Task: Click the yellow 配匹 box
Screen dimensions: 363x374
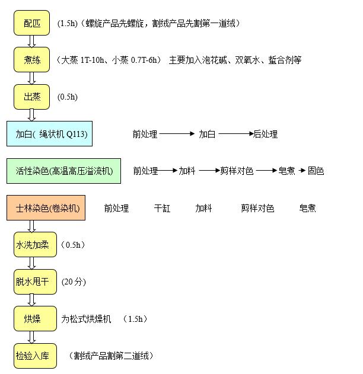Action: [31, 23]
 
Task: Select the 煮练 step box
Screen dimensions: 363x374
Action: [31, 60]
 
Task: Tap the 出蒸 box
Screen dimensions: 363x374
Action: [31, 97]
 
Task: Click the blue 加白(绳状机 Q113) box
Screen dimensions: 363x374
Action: [49, 133]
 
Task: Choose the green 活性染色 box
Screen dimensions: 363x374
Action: [63, 171]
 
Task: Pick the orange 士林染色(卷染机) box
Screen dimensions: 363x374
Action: [46, 208]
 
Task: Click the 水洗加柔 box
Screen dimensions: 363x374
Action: [35, 245]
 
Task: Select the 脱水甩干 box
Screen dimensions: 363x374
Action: [35, 282]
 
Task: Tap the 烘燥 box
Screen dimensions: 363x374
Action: [35, 319]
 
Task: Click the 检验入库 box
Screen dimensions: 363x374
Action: [35, 356]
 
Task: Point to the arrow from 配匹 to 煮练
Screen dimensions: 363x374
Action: [31, 41]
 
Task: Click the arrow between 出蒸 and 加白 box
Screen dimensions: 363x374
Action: [31, 115]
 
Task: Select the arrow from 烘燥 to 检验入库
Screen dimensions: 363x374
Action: [31, 337]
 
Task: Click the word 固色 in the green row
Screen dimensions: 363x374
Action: [316, 171]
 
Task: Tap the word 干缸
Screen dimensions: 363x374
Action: [162, 208]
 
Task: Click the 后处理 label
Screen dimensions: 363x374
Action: [265, 134]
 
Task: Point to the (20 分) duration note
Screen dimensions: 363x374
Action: [74, 282]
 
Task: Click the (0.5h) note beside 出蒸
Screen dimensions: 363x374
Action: [68, 97]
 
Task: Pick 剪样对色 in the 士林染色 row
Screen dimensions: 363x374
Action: [257, 208]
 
